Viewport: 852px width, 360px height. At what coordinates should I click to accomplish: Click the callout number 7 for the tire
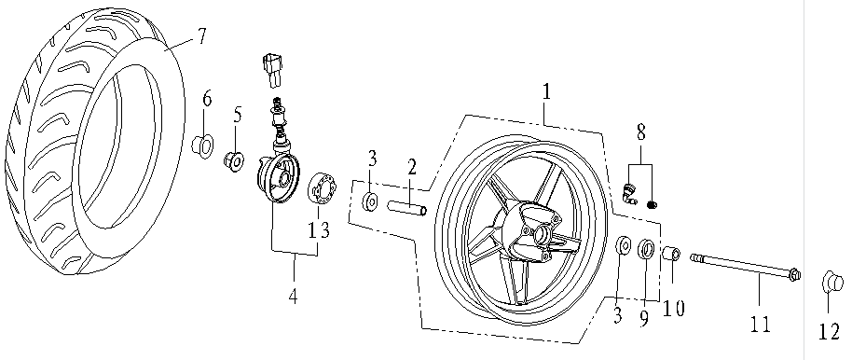(x=201, y=36)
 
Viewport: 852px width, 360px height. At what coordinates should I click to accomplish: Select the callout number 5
(x=238, y=116)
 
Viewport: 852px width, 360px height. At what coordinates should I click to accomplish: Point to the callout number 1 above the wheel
(x=546, y=90)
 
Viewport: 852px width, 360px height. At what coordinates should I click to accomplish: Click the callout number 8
(x=641, y=133)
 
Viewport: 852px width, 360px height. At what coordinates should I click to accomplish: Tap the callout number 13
(x=319, y=229)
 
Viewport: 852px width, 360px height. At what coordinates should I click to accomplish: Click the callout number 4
(x=293, y=297)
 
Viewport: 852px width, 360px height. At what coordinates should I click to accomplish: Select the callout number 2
(x=412, y=167)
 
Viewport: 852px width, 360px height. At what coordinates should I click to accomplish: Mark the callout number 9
(x=644, y=318)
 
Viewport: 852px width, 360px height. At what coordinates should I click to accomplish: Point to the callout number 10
(x=674, y=309)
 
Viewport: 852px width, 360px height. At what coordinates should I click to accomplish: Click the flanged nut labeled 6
(x=201, y=146)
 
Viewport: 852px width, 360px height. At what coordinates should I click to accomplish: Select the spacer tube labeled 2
(x=407, y=208)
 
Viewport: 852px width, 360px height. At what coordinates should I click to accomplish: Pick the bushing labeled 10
(x=671, y=254)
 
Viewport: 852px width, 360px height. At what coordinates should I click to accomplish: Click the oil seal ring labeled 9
(x=646, y=248)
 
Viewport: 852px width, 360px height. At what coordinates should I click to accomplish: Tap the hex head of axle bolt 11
(x=794, y=274)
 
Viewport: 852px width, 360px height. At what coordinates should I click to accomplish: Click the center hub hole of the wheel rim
(x=542, y=234)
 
